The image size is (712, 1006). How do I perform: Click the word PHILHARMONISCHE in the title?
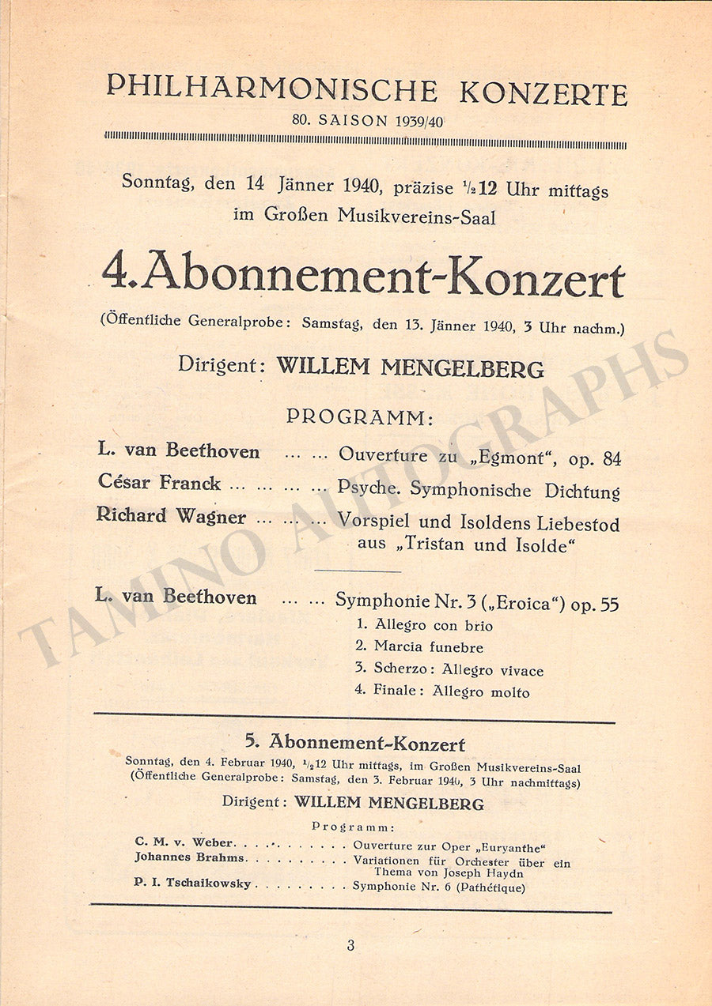tap(271, 89)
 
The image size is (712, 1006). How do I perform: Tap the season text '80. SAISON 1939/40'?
tap(365, 122)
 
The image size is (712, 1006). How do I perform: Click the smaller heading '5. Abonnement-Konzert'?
tap(355, 743)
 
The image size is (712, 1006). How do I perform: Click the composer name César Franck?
tap(159, 482)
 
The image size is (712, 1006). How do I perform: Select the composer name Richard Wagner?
tap(171, 516)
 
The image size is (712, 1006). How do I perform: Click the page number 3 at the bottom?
tap(350, 945)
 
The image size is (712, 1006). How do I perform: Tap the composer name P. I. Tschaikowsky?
tap(192, 884)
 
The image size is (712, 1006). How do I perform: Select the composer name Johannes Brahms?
tap(189, 857)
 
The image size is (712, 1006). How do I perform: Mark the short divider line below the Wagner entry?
tap(358, 570)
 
